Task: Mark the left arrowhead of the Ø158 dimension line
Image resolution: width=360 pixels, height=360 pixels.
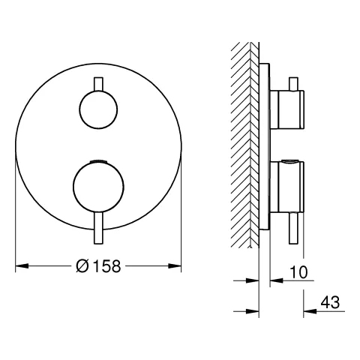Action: coord(20,265)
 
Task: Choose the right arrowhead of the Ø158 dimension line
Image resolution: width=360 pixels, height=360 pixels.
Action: coord(178,265)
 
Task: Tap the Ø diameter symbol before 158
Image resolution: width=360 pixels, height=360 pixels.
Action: coord(83,265)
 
